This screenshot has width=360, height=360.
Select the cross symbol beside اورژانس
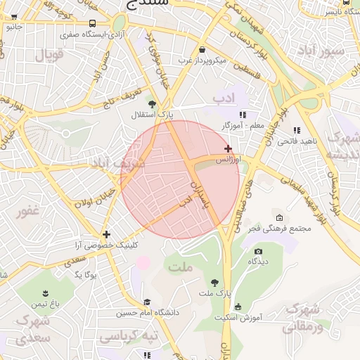click(x=228, y=148)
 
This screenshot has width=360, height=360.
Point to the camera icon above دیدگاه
click(x=258, y=251)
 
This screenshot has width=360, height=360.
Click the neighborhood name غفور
click(x=29, y=211)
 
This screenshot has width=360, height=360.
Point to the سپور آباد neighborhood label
click(x=321, y=52)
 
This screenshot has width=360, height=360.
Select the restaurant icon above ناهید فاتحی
click(x=297, y=130)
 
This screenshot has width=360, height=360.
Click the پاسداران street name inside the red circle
click(x=200, y=195)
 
